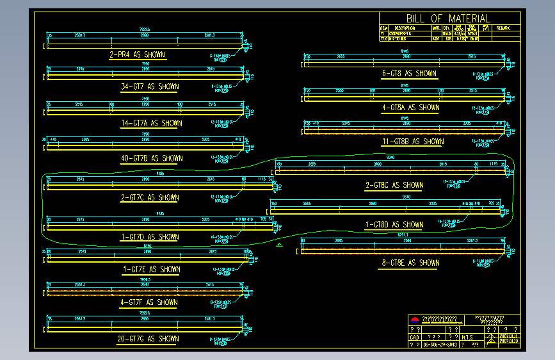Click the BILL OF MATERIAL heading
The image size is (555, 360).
coord(447,19)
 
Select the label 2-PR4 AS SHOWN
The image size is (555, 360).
coord(138,55)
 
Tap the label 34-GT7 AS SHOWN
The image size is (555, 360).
coord(150,86)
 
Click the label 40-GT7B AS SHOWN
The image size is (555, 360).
coord(151,158)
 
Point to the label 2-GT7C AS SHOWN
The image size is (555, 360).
coord(150,198)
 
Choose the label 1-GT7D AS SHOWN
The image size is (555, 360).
coord(150,237)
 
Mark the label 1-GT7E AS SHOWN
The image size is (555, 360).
coord(151,270)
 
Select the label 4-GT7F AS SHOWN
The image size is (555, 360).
coord(149,302)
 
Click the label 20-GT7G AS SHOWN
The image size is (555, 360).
coord(148,339)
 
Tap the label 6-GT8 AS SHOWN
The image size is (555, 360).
coord(409,74)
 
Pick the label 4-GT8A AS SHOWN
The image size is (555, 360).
coord(410,108)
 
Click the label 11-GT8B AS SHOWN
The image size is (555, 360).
coord(412,142)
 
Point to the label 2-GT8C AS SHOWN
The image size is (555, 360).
coord(394,185)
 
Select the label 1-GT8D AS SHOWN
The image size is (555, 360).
coord(394,225)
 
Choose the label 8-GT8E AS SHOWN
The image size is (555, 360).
coord(410,263)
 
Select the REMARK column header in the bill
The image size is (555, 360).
coord(503,28)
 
